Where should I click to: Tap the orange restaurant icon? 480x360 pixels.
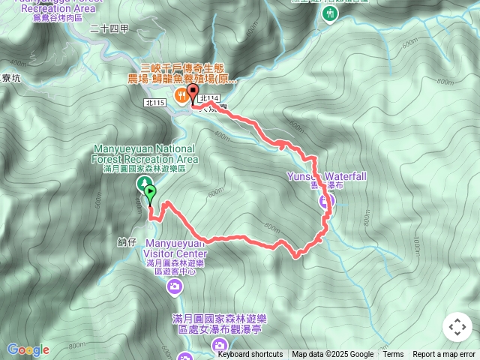181,95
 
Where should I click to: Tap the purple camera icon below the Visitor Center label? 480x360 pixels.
175,286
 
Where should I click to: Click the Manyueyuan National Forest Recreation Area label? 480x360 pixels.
145,154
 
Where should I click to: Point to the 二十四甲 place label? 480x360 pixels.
109,28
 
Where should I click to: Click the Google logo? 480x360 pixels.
28,349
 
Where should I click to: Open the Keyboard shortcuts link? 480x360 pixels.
250,355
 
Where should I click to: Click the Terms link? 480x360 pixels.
393,355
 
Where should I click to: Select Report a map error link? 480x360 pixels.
444,355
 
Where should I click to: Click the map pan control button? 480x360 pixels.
457,327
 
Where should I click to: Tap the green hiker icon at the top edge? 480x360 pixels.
326,13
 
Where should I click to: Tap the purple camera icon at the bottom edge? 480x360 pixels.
220,345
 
